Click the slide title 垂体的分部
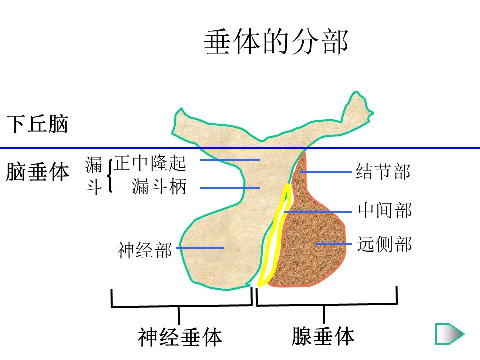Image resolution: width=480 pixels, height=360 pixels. click(x=276, y=43)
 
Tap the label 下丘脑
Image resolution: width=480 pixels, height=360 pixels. click(x=37, y=124)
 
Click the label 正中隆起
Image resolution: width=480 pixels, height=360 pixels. click(x=150, y=162)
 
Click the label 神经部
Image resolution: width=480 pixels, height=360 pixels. click(x=144, y=249)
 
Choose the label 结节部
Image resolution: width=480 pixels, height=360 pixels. click(x=383, y=171)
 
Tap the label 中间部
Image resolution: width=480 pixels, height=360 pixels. click(x=385, y=210)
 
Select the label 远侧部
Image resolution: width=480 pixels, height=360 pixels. click(x=384, y=244)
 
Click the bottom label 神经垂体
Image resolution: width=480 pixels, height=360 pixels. click(x=180, y=337)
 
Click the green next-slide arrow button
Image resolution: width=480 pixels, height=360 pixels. click(x=450, y=334)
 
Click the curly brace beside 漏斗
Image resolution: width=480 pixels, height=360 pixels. click(x=109, y=175)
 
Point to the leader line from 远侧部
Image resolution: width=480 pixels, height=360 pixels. click(x=334, y=244)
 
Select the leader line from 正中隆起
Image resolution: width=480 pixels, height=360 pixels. click(x=230, y=160)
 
